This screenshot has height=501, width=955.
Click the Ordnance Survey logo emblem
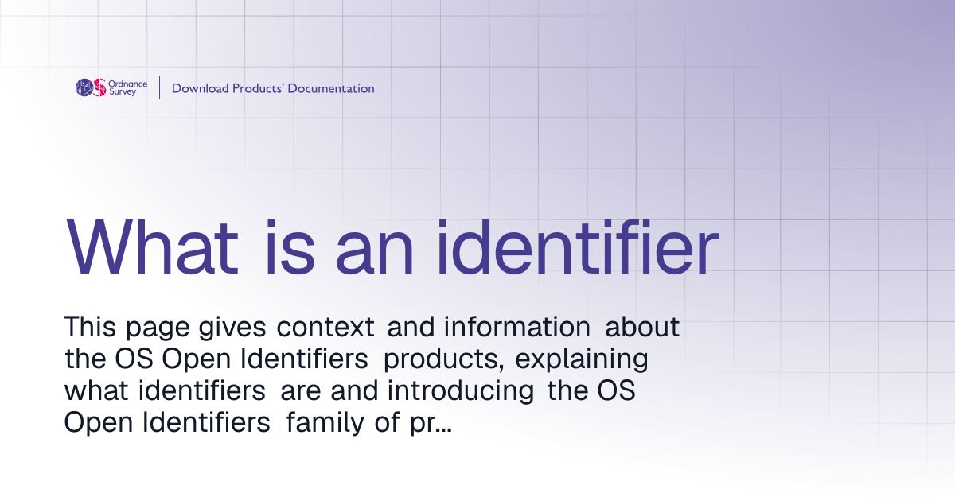click(x=91, y=87)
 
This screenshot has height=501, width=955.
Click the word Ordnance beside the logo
click(x=128, y=83)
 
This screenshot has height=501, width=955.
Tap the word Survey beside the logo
click(x=123, y=92)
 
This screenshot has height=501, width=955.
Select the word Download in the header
click(x=200, y=88)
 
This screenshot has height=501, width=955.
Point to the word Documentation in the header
click(x=331, y=88)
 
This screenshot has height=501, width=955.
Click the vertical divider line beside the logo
click(x=159, y=87)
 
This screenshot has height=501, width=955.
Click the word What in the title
click(x=152, y=247)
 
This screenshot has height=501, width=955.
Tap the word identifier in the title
click(x=579, y=247)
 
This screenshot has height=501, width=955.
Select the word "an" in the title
click(x=375, y=254)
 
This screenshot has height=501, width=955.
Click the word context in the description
click(x=325, y=327)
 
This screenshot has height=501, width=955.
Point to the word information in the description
click(x=517, y=327)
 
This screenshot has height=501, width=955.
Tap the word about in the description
click(x=642, y=327)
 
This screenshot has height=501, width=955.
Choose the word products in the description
click(x=444, y=359)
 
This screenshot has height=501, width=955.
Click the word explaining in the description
click(x=582, y=359)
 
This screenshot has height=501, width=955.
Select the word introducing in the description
click(x=461, y=390)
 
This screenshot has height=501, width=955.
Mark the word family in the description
click(x=325, y=422)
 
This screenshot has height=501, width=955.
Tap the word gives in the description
click(x=232, y=328)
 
